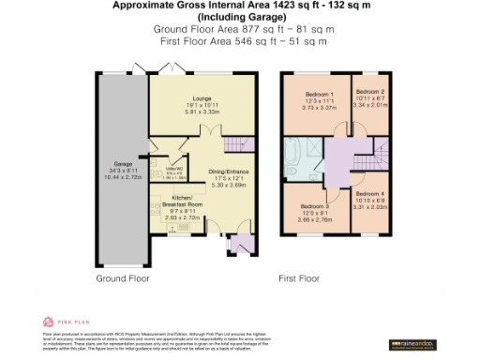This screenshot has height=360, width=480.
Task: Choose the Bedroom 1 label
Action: (x=318, y=95)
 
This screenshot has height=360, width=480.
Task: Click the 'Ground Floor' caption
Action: (x=122, y=278)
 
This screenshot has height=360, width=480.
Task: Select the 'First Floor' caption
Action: (x=299, y=278)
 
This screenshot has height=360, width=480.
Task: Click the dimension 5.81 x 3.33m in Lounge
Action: (x=201, y=112)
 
